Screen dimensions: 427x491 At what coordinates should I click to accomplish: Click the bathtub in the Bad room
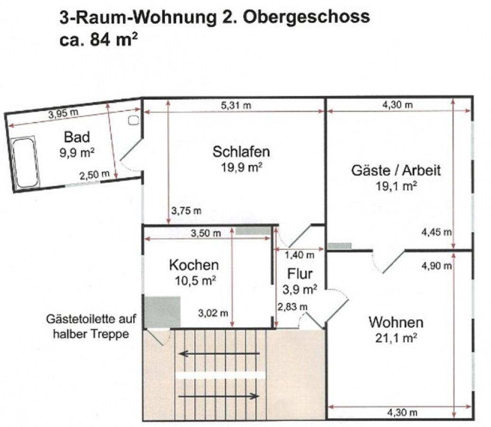(x=25, y=162)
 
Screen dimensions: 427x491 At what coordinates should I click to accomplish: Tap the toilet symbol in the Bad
(x=133, y=120)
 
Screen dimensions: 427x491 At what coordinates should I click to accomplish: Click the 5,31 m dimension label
(x=236, y=105)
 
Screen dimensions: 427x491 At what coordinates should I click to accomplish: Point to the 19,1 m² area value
(x=396, y=186)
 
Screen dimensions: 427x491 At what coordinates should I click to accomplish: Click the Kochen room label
(x=194, y=265)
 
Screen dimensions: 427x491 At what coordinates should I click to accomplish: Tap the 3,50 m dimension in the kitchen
(x=205, y=233)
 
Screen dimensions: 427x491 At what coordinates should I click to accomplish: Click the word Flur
(x=300, y=274)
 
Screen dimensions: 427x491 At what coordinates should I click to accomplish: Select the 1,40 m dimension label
(x=299, y=255)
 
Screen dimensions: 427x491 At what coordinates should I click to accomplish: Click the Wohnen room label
(x=396, y=323)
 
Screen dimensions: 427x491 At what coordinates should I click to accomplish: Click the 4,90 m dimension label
(x=436, y=266)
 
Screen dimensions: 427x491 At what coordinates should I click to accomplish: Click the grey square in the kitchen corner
(x=162, y=312)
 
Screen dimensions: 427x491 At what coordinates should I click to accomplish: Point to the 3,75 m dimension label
(x=186, y=211)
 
